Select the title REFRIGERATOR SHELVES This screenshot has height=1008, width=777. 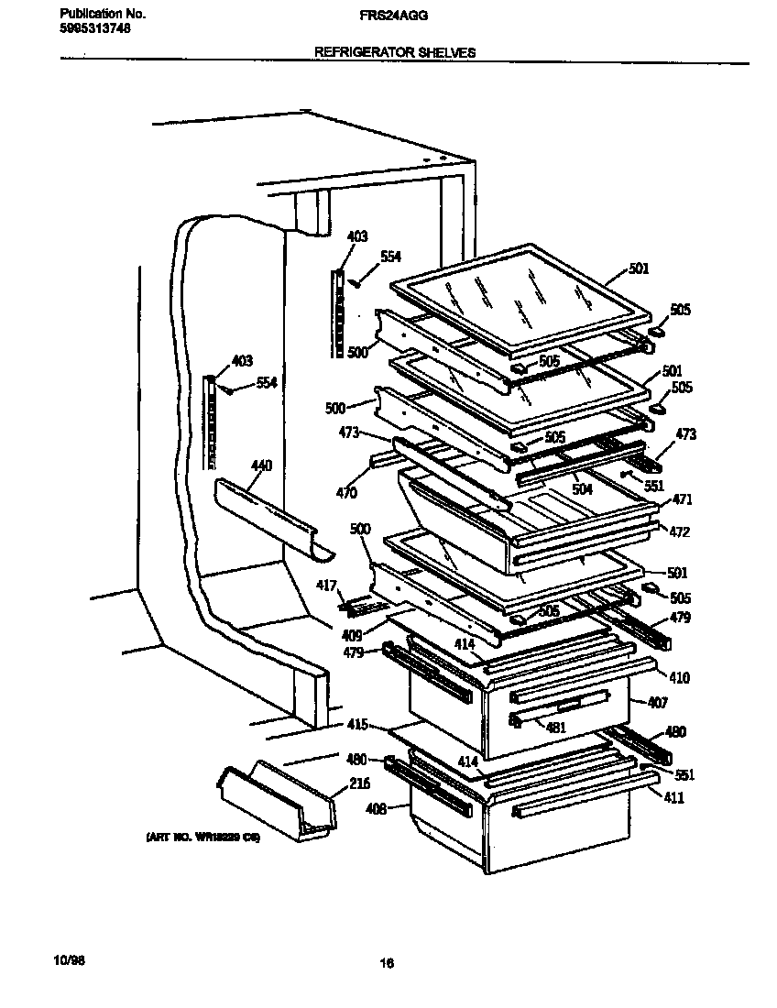[x=395, y=53]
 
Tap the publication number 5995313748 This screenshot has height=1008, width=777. [x=93, y=28]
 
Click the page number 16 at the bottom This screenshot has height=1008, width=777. [x=387, y=963]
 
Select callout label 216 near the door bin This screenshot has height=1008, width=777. [x=336, y=785]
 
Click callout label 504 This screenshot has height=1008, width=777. [x=583, y=490]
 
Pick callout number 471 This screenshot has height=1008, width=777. [x=682, y=500]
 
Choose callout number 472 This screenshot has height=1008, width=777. [x=679, y=532]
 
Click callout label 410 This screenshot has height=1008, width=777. [x=679, y=678]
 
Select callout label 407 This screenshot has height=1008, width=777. [x=658, y=703]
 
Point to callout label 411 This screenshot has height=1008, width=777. [x=673, y=798]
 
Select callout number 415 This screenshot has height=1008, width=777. [x=357, y=725]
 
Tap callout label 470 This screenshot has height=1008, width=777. [x=345, y=493]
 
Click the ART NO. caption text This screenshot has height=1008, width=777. [x=202, y=838]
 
